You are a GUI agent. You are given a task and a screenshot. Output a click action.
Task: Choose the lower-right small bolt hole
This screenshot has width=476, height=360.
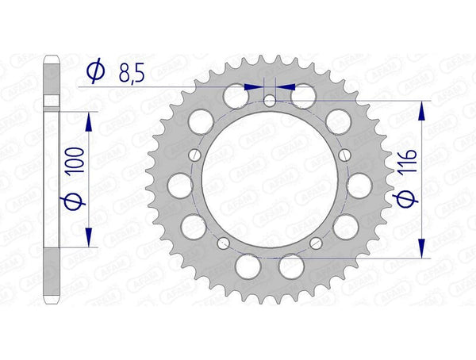point(317,242)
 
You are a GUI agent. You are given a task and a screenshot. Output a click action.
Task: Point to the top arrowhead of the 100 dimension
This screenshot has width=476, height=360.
point(88,119)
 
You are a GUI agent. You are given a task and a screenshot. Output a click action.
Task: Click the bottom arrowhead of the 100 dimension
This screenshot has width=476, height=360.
point(88,237)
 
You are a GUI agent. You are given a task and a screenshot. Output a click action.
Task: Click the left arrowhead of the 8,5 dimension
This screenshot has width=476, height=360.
point(255,86)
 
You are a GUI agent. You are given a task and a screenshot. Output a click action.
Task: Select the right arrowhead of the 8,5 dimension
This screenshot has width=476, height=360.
point(285,86)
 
